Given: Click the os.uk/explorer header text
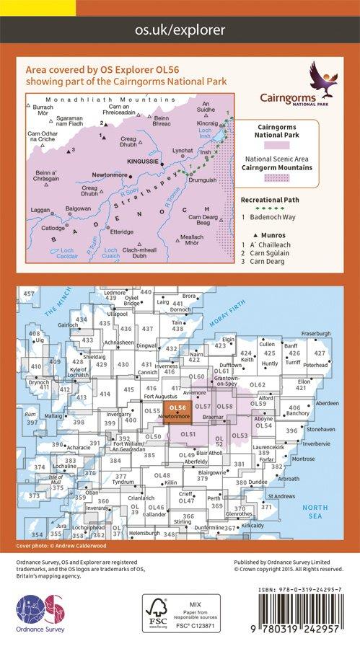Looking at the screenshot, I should [x=180, y=30].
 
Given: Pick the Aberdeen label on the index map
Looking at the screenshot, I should [x=326, y=403].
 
